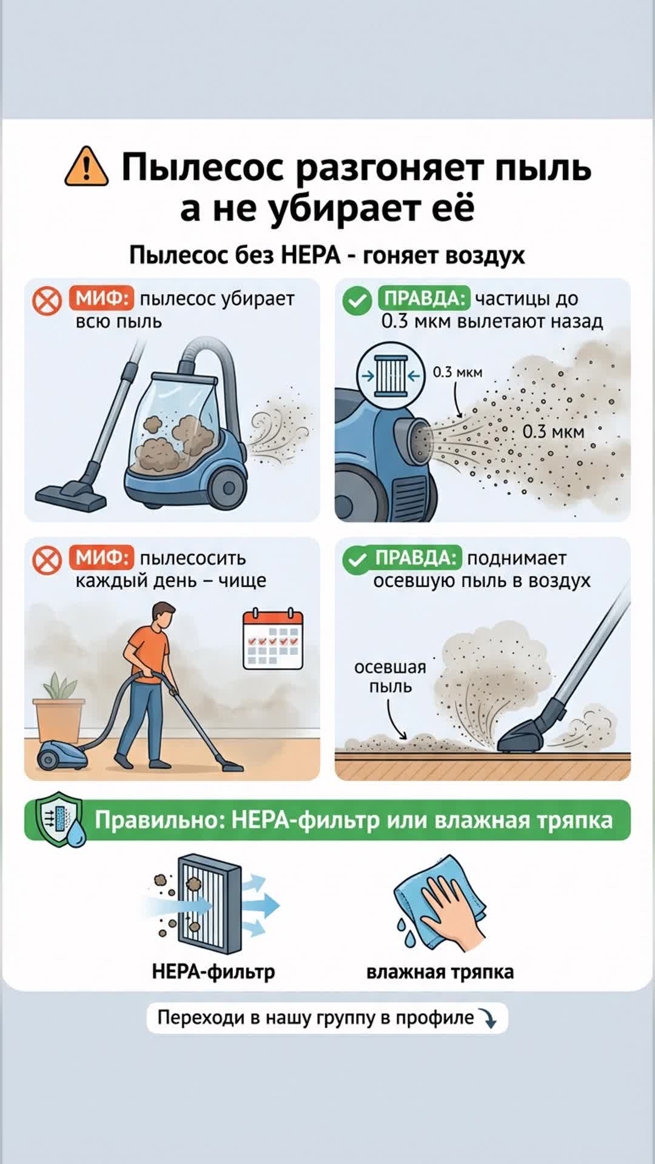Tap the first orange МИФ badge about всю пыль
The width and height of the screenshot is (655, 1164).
[101, 298]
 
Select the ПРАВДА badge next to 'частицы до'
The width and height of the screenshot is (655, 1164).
[424, 298]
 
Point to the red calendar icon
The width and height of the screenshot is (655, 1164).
[273, 639]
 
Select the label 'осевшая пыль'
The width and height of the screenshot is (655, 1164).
[390, 677]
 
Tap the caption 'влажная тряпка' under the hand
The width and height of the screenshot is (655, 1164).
[440, 972]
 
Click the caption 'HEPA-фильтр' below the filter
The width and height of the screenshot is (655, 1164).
[213, 971]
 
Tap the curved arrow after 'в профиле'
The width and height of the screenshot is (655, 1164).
[488, 1018]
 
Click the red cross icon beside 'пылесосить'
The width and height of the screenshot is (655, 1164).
[47, 560]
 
